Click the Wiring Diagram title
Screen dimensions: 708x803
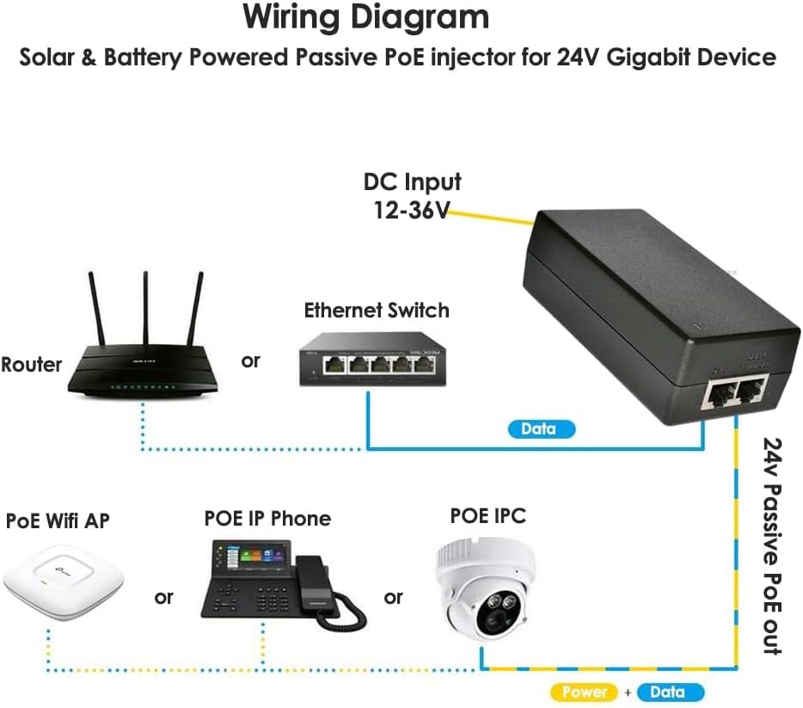(365, 17)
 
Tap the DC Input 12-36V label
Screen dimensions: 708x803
(412, 195)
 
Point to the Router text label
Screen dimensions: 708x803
(32, 364)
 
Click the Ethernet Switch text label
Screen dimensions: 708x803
(377, 311)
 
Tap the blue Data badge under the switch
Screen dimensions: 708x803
(538, 428)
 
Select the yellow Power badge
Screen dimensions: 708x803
(585, 692)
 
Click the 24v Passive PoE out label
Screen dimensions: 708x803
(773, 545)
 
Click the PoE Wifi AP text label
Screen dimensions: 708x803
(58, 520)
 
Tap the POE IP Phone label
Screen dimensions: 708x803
(267, 519)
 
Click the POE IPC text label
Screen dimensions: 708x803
(487, 515)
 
